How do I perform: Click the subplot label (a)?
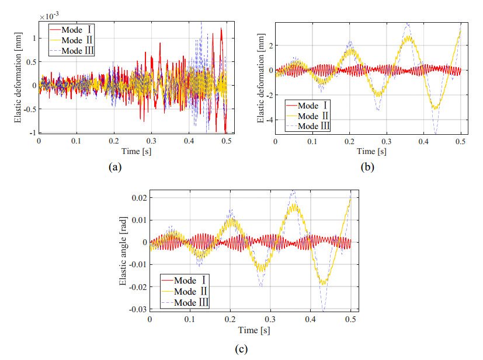click(114, 167)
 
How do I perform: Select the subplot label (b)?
click(368, 167)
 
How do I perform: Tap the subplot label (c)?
click(241, 349)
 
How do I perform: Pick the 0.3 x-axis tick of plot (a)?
click(151, 141)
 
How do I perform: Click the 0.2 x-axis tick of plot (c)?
click(230, 320)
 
